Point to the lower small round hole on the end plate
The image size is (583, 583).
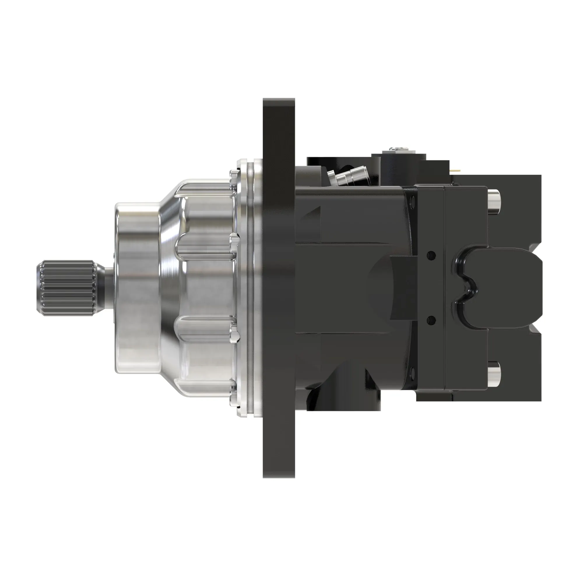[x=430, y=319]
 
